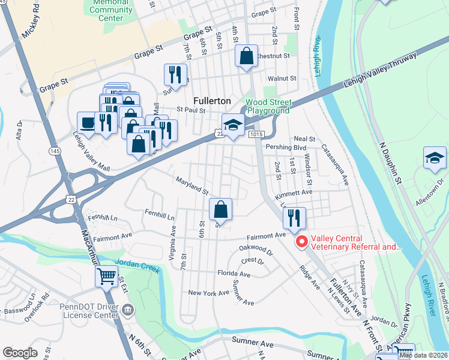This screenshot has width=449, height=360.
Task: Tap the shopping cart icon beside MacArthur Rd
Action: point(107,277)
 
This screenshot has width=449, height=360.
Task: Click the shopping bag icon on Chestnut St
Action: point(246,56)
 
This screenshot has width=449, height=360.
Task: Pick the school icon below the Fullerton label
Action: point(233,125)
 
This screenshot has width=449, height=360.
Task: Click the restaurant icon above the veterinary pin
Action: point(294,218)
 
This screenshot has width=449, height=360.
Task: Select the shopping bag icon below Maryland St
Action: point(221,210)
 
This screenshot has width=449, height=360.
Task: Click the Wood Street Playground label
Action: point(268,106)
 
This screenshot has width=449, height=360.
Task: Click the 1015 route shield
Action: point(254,136)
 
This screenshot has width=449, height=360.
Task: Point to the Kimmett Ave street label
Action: point(294,193)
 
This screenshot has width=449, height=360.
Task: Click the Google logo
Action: point(20,353)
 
